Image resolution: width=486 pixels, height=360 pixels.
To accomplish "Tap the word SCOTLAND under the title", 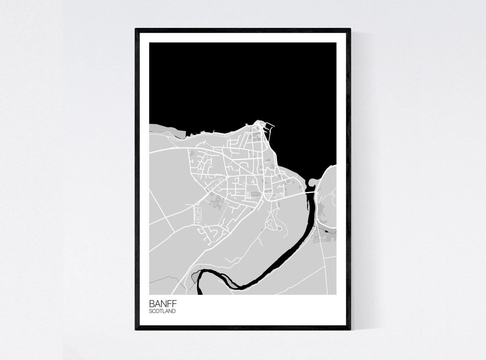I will click(162, 311).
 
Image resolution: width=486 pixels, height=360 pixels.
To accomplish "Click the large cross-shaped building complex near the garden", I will click(217, 202).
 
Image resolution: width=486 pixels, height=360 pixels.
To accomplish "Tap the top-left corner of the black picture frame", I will click(136, 29).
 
